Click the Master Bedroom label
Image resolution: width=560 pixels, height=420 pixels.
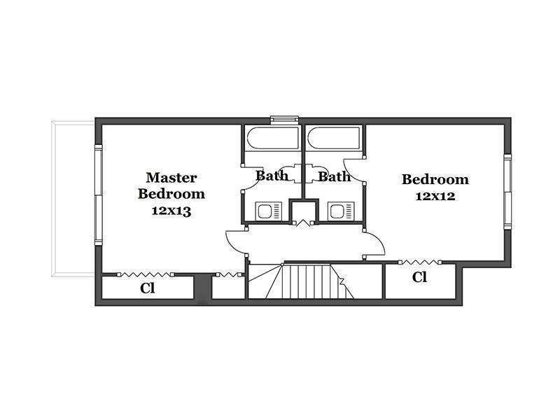pyautogui.click(x=171, y=185)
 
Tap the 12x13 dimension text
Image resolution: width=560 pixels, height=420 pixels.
pyautogui.click(x=171, y=211)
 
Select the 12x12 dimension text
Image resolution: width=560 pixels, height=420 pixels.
pyautogui.click(x=435, y=196)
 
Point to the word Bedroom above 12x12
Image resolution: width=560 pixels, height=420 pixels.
pyautogui.click(x=435, y=179)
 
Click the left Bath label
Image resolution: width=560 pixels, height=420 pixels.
pyautogui.click(x=272, y=176)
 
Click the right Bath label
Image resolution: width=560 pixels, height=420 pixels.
pyautogui.click(x=335, y=176)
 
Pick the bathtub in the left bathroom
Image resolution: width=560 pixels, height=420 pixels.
pyautogui.click(x=272, y=138)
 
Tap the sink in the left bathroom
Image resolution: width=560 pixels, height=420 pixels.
pyautogui.click(x=269, y=211)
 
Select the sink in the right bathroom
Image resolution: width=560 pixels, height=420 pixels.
pyautogui.click(x=341, y=211)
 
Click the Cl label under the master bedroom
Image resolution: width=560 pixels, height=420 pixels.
pyautogui.click(x=148, y=288)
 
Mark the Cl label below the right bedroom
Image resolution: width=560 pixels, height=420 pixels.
pyautogui.click(x=419, y=277)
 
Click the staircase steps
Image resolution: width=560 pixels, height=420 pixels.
pyautogui.click(x=307, y=281)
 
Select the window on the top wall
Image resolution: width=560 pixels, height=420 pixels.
pyautogui.click(x=285, y=120)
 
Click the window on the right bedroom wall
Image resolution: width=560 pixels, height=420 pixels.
pyautogui.click(x=507, y=192)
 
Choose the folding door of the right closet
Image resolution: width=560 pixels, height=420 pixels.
pyautogui.click(x=420, y=262)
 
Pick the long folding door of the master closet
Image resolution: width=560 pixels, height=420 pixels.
pyautogui.click(x=145, y=274)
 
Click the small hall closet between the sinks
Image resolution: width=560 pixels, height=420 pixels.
pyautogui.click(x=303, y=211)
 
